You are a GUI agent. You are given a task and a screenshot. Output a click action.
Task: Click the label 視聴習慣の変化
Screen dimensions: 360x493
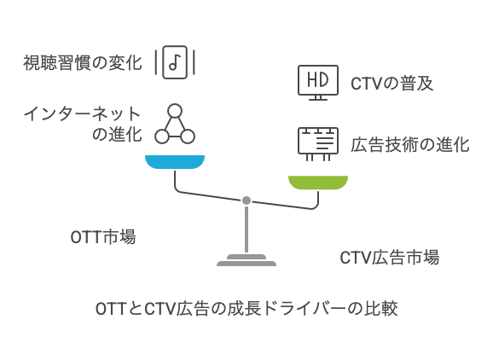83,63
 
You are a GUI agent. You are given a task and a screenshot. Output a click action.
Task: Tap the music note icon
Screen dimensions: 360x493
175,62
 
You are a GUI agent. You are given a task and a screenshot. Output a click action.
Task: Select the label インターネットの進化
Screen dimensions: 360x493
83,125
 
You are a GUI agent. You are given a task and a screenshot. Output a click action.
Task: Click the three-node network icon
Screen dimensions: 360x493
175,125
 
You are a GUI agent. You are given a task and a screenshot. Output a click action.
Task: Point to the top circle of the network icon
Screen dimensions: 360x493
175,111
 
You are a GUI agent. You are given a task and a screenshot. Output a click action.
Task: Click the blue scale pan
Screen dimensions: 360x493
175,161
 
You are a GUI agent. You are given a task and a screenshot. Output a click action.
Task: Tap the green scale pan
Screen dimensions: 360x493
317,181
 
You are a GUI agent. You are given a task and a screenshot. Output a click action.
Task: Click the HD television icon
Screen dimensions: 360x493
317,82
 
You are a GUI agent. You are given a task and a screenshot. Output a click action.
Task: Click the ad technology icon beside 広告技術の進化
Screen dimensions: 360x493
317,143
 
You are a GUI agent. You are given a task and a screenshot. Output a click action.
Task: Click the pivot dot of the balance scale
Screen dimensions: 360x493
246,200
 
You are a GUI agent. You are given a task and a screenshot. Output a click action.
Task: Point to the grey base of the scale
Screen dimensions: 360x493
246,261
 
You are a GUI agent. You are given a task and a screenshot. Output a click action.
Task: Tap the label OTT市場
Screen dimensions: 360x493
102,237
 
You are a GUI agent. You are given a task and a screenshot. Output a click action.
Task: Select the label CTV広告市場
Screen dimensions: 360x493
389,258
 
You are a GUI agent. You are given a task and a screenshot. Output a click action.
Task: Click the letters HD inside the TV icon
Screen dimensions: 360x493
317,79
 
